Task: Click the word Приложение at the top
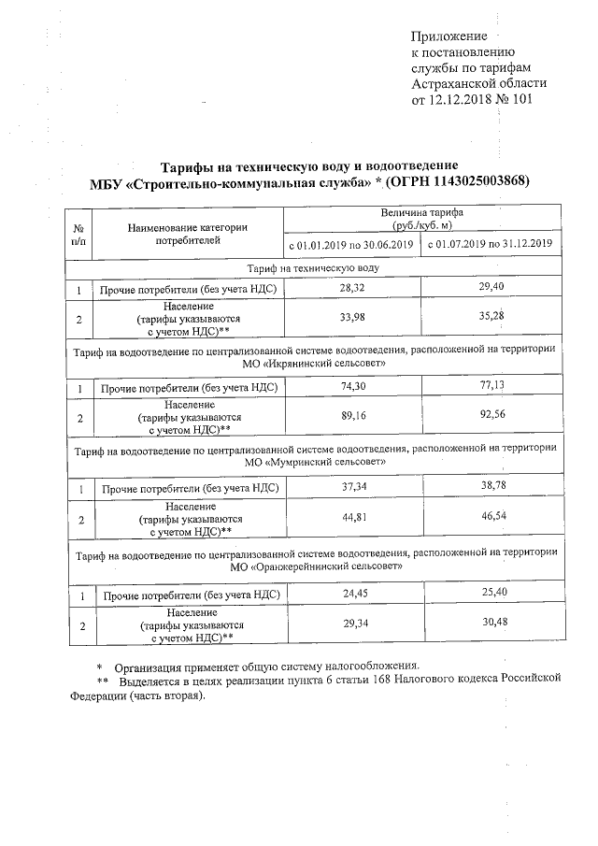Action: coord(448,36)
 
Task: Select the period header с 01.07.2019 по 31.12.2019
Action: coord(491,245)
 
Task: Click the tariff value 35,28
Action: coord(491,318)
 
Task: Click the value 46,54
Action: coord(491,515)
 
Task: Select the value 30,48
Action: coord(491,622)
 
